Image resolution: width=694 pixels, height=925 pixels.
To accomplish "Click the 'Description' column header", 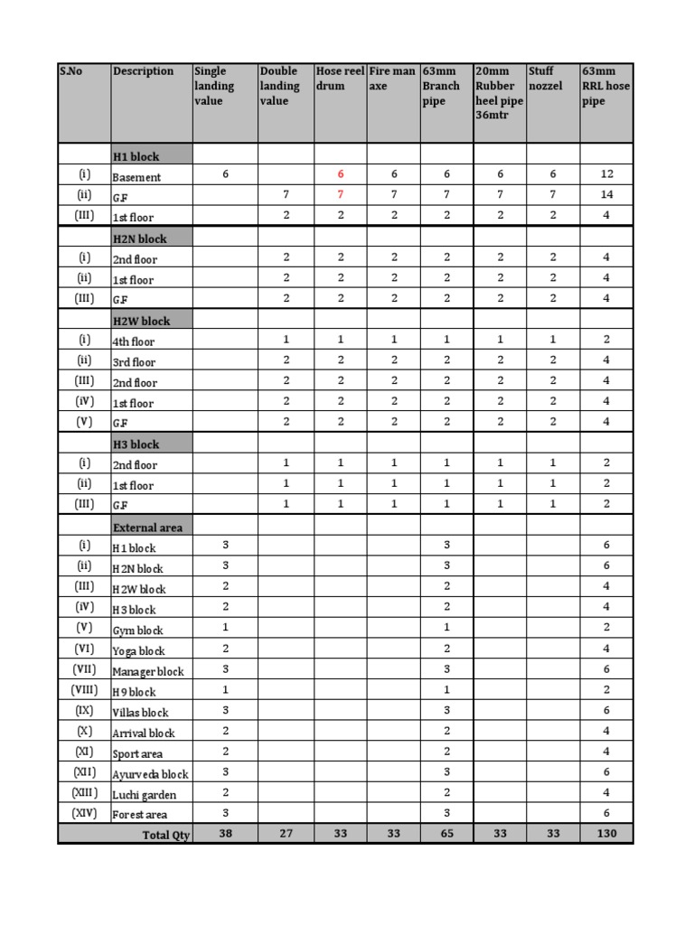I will point(143,71).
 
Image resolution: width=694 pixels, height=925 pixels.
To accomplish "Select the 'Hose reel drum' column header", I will point(340,79).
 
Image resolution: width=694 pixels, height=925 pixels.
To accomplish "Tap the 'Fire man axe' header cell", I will point(392,79).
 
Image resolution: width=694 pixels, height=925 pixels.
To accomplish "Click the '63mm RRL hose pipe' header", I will point(606,86).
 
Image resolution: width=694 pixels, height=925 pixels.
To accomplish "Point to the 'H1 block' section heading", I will point(136,156).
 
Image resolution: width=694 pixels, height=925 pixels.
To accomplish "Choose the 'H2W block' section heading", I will point(141,321).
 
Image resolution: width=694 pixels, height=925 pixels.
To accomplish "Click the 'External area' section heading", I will point(149,527).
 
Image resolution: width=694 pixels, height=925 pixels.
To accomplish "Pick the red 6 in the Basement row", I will point(341,173).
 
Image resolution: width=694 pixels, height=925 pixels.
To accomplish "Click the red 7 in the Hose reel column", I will point(341,194).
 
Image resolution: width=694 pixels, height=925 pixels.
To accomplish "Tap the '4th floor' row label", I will point(133,341).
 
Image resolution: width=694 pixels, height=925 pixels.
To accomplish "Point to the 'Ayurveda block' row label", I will point(150,774).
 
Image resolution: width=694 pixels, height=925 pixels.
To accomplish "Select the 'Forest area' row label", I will point(139,815).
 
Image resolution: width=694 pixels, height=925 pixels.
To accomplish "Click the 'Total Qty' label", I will point(166,835).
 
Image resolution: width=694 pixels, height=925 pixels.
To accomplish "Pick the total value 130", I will point(606,833).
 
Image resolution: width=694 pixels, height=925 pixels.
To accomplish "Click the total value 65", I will point(446,833).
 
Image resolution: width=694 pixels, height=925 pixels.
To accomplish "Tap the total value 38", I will point(225,833).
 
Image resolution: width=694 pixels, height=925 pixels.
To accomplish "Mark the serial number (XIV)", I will point(84,813).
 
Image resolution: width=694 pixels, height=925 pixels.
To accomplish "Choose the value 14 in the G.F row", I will point(606,194).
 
